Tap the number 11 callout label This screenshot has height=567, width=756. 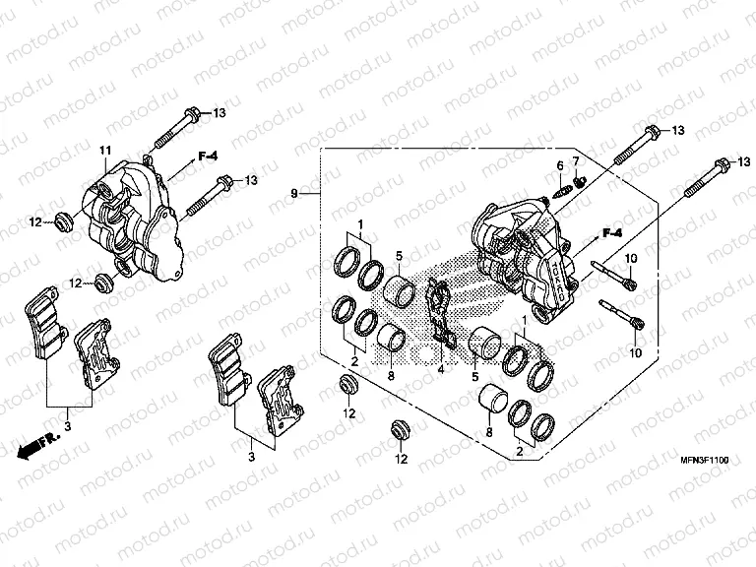(x=101, y=150)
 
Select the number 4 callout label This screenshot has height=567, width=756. (x=441, y=370)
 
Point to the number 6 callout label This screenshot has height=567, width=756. (x=559, y=164)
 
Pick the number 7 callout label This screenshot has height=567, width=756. (x=577, y=160)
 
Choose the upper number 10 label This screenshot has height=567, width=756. (x=633, y=258)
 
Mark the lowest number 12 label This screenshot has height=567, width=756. (x=402, y=459)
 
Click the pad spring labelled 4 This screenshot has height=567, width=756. (x=440, y=316)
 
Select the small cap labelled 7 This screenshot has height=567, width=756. (x=582, y=180)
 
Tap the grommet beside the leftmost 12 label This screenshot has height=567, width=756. (x=61, y=222)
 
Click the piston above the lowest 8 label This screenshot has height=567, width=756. (x=493, y=404)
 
